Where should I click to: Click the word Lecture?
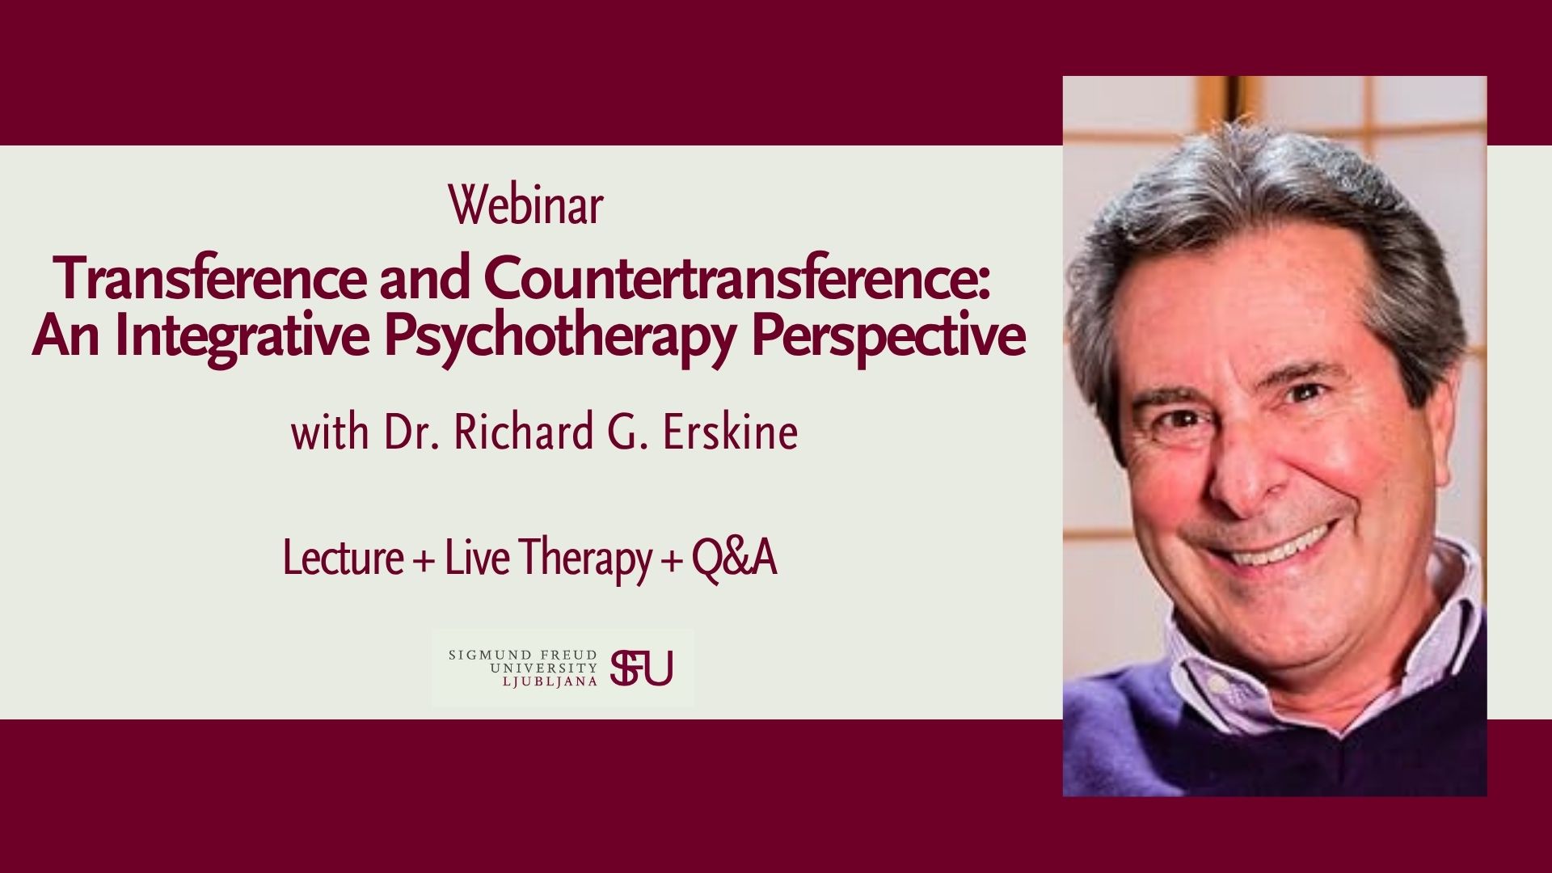point(343,559)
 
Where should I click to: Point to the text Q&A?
point(734,559)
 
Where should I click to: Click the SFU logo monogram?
point(642,668)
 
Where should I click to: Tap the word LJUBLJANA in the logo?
point(550,681)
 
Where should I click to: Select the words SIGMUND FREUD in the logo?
point(523,654)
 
